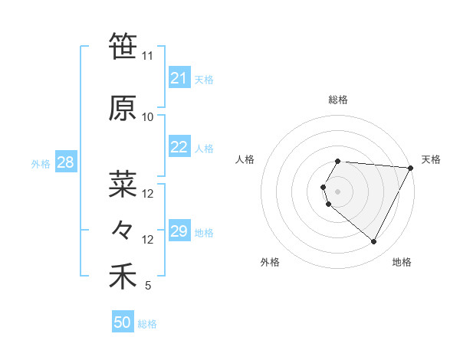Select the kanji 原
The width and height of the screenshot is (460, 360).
[123, 109]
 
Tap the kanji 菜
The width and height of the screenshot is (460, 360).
[123, 185]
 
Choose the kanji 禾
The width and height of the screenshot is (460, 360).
[123, 277]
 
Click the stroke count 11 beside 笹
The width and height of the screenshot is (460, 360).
[147, 56]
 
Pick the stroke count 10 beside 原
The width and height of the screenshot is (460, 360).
[147, 117]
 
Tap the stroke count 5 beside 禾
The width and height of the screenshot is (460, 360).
[147, 286]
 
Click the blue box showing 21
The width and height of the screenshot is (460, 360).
[179, 78]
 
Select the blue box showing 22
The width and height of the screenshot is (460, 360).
[179, 147]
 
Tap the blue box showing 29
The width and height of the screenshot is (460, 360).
[179, 231]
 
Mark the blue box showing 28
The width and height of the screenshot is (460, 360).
[65, 162]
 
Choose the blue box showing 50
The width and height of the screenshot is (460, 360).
[122, 322]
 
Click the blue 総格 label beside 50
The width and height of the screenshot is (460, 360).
[147, 324]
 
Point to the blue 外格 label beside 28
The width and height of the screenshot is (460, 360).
[41, 163]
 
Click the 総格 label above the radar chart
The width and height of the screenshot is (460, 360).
[338, 100]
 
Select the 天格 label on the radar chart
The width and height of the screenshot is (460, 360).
[431, 159]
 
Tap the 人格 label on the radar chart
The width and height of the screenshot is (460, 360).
[245, 159]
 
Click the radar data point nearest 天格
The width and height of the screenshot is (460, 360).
[411, 168]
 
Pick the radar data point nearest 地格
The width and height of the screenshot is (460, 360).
[374, 242]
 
